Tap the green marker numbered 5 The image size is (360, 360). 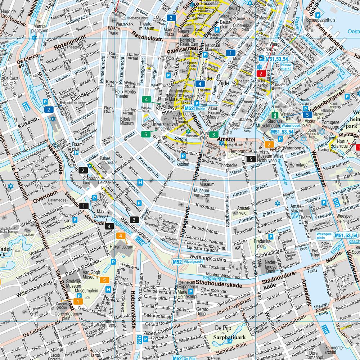pyautogui.click(x=146, y=134)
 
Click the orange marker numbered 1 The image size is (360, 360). pyautogui.click(x=78, y=301)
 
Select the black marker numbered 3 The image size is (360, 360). pyautogui.click(x=134, y=219)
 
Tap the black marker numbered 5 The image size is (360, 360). pyautogui.click(x=251, y=159)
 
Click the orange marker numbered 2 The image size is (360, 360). pyautogui.click(x=268, y=144)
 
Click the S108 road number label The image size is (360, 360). pyautogui.click(x=139, y=340)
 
